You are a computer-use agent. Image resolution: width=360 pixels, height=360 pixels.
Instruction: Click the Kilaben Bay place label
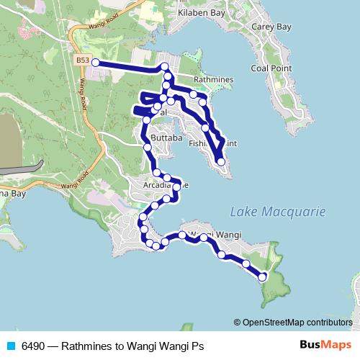point(199,13)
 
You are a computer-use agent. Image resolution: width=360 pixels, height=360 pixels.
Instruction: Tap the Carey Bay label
point(271,27)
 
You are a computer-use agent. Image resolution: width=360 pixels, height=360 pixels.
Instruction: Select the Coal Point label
point(269,68)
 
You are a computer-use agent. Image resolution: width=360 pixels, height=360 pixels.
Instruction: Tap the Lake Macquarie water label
point(277,212)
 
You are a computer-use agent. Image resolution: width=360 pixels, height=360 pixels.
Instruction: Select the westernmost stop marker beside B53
point(95,63)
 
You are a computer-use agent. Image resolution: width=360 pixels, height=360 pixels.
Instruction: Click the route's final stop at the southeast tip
point(262,277)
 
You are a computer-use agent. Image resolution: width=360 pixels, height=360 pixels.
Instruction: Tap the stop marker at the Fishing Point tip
point(221,162)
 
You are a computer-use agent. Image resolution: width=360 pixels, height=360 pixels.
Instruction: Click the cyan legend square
point(10,346)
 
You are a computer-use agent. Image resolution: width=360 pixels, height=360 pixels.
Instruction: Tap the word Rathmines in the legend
point(86,346)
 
